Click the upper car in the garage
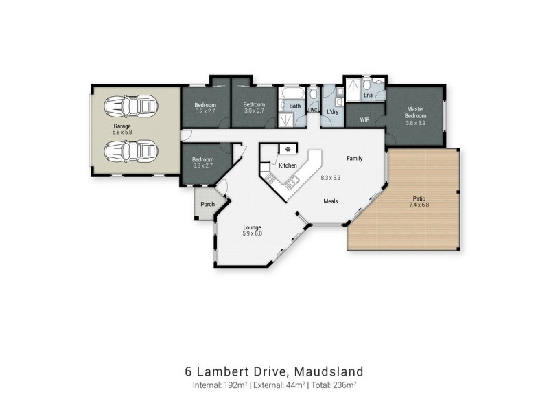coord(130,106)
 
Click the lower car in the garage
coord(130,149)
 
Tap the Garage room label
coord(122,127)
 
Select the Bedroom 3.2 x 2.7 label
coord(205,105)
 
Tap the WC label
coord(313,110)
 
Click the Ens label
coord(368,95)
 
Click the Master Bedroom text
coord(416,112)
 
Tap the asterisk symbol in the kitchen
coord(288,149)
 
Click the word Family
coord(354,158)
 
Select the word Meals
coord(334,201)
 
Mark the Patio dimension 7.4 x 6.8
coord(419,205)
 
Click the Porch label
coord(207,204)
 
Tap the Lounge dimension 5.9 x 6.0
coord(253,233)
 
